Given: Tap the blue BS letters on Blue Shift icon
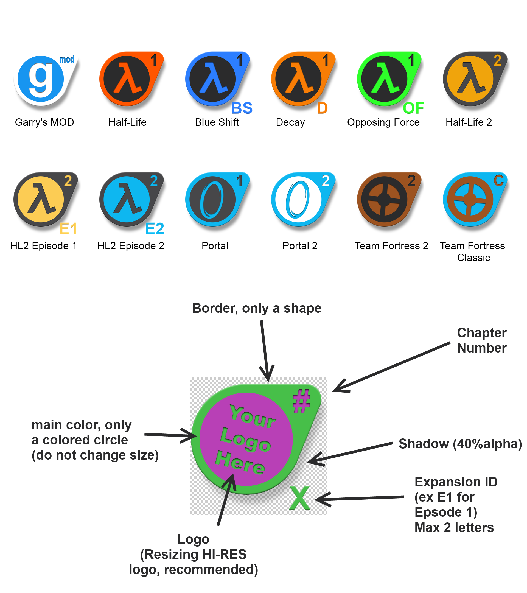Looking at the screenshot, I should point(242,108).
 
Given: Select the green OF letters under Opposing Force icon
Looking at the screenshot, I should point(413,108).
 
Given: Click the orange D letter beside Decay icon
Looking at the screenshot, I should point(322,108).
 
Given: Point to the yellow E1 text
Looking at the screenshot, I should point(68,229).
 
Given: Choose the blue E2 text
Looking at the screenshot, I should point(155,229).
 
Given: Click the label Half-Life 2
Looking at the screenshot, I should point(469,122).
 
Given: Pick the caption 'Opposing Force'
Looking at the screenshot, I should point(383,122).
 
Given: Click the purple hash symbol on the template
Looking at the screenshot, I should point(301,401).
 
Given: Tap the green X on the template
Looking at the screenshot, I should point(300,498).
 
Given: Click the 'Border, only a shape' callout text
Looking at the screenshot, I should point(257,308).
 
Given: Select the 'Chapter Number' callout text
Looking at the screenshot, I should point(482,340).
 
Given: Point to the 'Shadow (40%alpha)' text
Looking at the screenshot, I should point(460,444).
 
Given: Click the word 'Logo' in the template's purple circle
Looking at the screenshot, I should point(245,440).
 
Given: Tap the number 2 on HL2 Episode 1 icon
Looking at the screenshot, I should point(68,181).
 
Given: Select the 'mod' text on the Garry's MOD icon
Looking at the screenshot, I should point(67,60).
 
